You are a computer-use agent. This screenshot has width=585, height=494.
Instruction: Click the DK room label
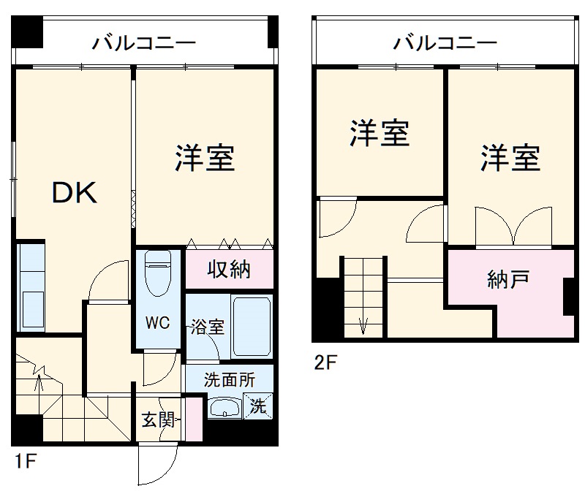click(73, 194)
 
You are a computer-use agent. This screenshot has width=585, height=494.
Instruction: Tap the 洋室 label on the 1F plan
click(204, 158)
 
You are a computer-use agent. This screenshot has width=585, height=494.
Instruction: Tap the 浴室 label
click(208, 327)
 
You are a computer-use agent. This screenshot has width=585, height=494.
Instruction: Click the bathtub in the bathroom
click(252, 326)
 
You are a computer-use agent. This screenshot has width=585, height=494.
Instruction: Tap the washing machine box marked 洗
click(259, 406)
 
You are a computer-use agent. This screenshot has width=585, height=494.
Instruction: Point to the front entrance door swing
click(158, 464)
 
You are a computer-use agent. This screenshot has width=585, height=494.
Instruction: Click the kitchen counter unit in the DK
click(31, 288)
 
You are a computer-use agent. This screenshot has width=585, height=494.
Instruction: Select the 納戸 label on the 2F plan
click(508, 279)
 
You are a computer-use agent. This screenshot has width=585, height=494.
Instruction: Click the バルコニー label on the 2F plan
click(445, 43)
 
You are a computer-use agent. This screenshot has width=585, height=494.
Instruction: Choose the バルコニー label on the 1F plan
click(143, 43)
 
